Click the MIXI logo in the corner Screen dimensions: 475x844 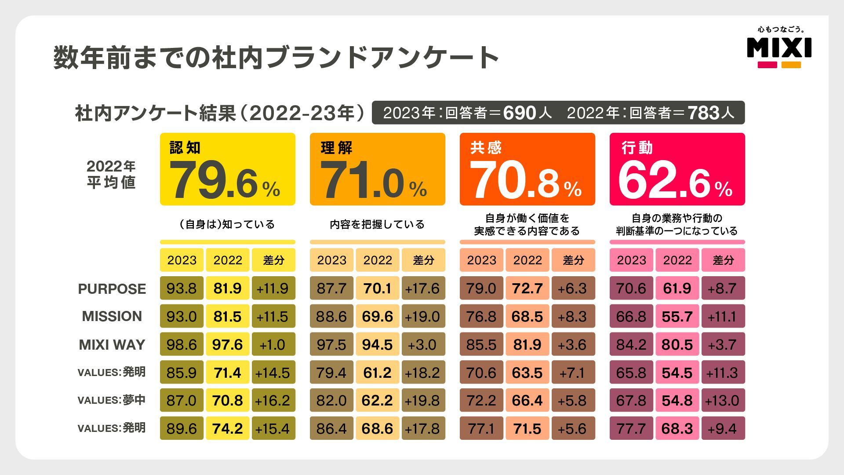[779, 47]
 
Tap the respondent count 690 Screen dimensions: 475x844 [520, 113]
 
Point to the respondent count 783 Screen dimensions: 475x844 [704, 113]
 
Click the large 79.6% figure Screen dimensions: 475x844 [224, 180]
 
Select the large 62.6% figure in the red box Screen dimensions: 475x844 [674, 180]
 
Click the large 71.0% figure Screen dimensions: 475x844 [374, 180]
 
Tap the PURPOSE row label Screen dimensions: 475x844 [112, 289]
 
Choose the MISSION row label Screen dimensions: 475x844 [112, 316]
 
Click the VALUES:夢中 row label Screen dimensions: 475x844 [112, 400]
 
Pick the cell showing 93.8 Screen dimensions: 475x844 [182, 289]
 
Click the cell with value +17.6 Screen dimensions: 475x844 [423, 289]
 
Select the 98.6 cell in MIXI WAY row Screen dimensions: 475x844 [182, 344]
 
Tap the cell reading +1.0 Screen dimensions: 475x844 [273, 344]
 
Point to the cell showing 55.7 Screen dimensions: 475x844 [677, 316]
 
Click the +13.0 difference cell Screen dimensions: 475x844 [723, 400]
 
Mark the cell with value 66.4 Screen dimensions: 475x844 [527, 400]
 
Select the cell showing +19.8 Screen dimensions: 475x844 [423, 400]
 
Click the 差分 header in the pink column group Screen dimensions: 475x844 [723, 260]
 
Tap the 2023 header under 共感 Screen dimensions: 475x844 [482, 260]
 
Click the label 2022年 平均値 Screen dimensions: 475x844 [111, 174]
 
